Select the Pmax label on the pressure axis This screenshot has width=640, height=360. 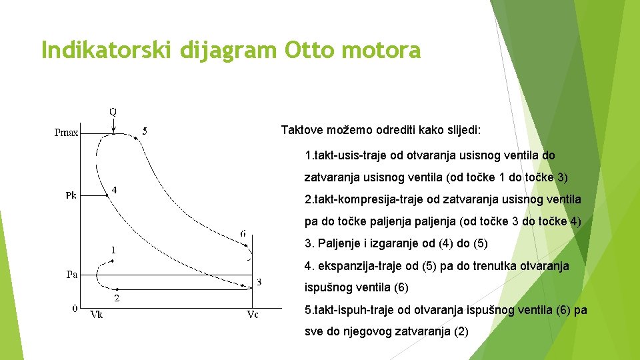[x=66, y=133]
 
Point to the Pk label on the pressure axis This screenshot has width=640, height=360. [x=71, y=195]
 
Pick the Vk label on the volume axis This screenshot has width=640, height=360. [x=97, y=314]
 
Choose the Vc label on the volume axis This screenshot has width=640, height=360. [x=252, y=314]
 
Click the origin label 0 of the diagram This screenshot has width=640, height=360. [x=75, y=308]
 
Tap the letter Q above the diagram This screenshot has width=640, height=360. [x=113, y=111]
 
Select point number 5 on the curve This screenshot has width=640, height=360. [x=145, y=132]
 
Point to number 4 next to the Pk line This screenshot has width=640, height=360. [x=115, y=190]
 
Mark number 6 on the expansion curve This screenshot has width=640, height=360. [x=243, y=234]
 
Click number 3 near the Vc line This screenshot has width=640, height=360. [x=259, y=282]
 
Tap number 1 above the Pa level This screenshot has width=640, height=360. [x=113, y=250]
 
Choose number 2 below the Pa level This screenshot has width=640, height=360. [x=117, y=298]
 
